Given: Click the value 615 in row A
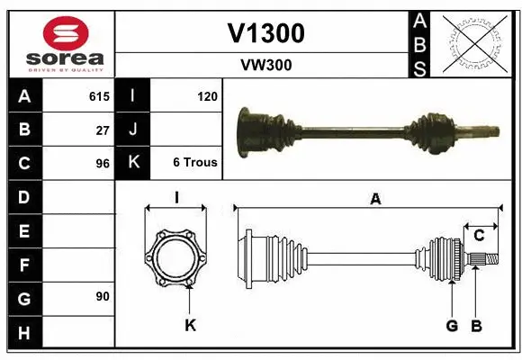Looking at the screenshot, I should click(99, 95).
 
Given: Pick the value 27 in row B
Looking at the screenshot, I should click(103, 130).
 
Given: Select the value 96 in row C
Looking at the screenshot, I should click(103, 164).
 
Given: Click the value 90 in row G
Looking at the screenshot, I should click(103, 296).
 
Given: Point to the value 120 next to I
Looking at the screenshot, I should click(207, 95).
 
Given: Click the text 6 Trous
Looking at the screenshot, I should click(194, 163).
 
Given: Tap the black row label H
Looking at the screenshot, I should click(24, 332).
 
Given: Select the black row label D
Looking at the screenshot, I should click(24, 197).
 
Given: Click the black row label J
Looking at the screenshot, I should click(132, 130).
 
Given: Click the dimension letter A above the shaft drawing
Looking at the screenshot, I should click(374, 200).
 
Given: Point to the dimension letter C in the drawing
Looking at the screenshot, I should click(479, 235).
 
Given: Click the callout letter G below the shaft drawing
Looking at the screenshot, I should click(451, 325).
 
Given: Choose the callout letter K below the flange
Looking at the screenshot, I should click(190, 325).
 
